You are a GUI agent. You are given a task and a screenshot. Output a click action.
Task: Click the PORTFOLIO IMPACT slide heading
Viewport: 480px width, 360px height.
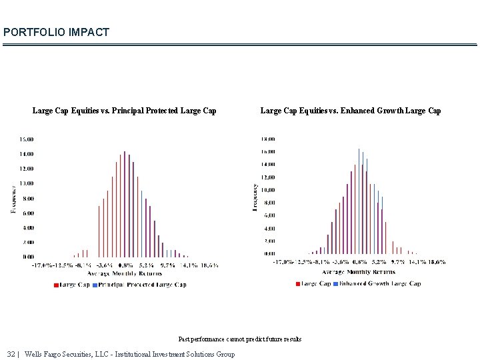coord(56,32)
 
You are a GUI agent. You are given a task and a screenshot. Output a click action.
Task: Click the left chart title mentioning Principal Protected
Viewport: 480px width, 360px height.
coord(124,111)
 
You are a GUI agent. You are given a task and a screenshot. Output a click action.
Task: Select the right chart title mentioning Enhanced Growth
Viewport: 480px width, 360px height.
coord(350,111)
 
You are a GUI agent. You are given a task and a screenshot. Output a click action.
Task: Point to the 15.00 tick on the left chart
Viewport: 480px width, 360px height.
coord(27,139)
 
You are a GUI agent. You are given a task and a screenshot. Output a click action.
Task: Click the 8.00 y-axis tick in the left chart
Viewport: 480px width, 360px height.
coord(28,199)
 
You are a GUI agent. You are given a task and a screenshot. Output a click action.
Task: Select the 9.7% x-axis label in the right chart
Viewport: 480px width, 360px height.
coord(398,262)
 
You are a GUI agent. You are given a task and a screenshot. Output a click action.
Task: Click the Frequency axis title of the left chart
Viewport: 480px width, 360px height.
coord(13,199)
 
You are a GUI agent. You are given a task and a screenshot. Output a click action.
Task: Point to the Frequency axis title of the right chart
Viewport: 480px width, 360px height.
coord(255,198)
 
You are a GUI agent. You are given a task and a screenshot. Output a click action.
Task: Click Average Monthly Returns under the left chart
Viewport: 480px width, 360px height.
coord(125,273)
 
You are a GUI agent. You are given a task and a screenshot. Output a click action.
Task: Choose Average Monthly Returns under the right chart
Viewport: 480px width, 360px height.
coord(359,271)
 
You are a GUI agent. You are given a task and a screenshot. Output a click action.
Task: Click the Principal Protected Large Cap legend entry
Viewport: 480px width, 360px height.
coord(142,285)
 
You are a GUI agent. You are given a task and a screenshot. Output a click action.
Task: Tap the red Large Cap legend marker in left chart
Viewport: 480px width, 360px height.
coord(56,285)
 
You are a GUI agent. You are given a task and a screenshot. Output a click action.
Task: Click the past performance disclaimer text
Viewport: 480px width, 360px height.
coord(240,339)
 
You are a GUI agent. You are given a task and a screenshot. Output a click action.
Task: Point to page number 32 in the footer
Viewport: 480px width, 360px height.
coord(11,354)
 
